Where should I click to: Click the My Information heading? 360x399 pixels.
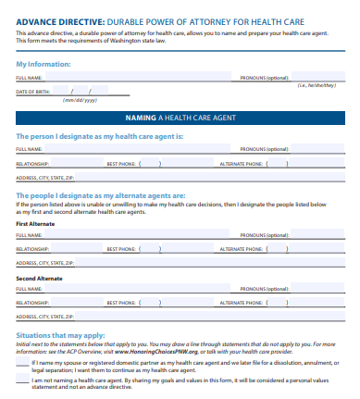tap(43, 64)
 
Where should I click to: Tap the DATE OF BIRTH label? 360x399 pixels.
tap(32, 92)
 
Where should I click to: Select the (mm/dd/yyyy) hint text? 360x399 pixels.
tap(79, 100)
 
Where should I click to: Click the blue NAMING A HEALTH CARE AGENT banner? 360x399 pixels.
tap(180, 118)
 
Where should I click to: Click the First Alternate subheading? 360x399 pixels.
tap(38, 224)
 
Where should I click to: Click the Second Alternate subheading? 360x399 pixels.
tap(40, 278)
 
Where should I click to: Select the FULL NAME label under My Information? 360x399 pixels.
tap(30, 79)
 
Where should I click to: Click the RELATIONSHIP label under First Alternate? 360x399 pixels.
tap(32, 249)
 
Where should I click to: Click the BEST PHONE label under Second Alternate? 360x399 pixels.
tap(122, 303)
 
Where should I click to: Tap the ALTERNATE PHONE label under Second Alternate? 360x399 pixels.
tap(241, 303)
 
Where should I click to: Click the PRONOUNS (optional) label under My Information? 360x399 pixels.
tap(265, 79)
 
